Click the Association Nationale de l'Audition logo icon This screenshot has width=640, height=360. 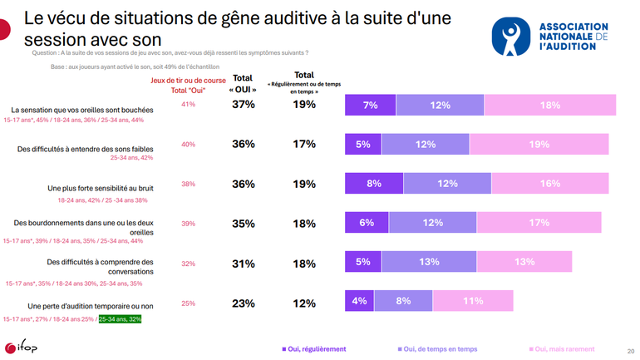pyautogui.click(x=510, y=37)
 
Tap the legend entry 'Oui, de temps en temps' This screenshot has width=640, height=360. pyautogui.click(x=439, y=349)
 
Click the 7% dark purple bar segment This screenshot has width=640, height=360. pyautogui.click(x=371, y=106)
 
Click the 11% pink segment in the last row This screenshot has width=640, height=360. pyautogui.click(x=472, y=303)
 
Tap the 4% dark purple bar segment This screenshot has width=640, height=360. pyautogui.click(x=359, y=303)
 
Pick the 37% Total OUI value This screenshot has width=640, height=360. pyautogui.click(x=243, y=105)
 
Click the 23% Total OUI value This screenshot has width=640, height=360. pyautogui.click(x=243, y=303)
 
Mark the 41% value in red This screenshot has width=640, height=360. pyautogui.click(x=188, y=105)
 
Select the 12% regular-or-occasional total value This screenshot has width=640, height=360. pyautogui.click(x=304, y=303)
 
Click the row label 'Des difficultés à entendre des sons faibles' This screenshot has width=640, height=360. pyautogui.click(x=86, y=148)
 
